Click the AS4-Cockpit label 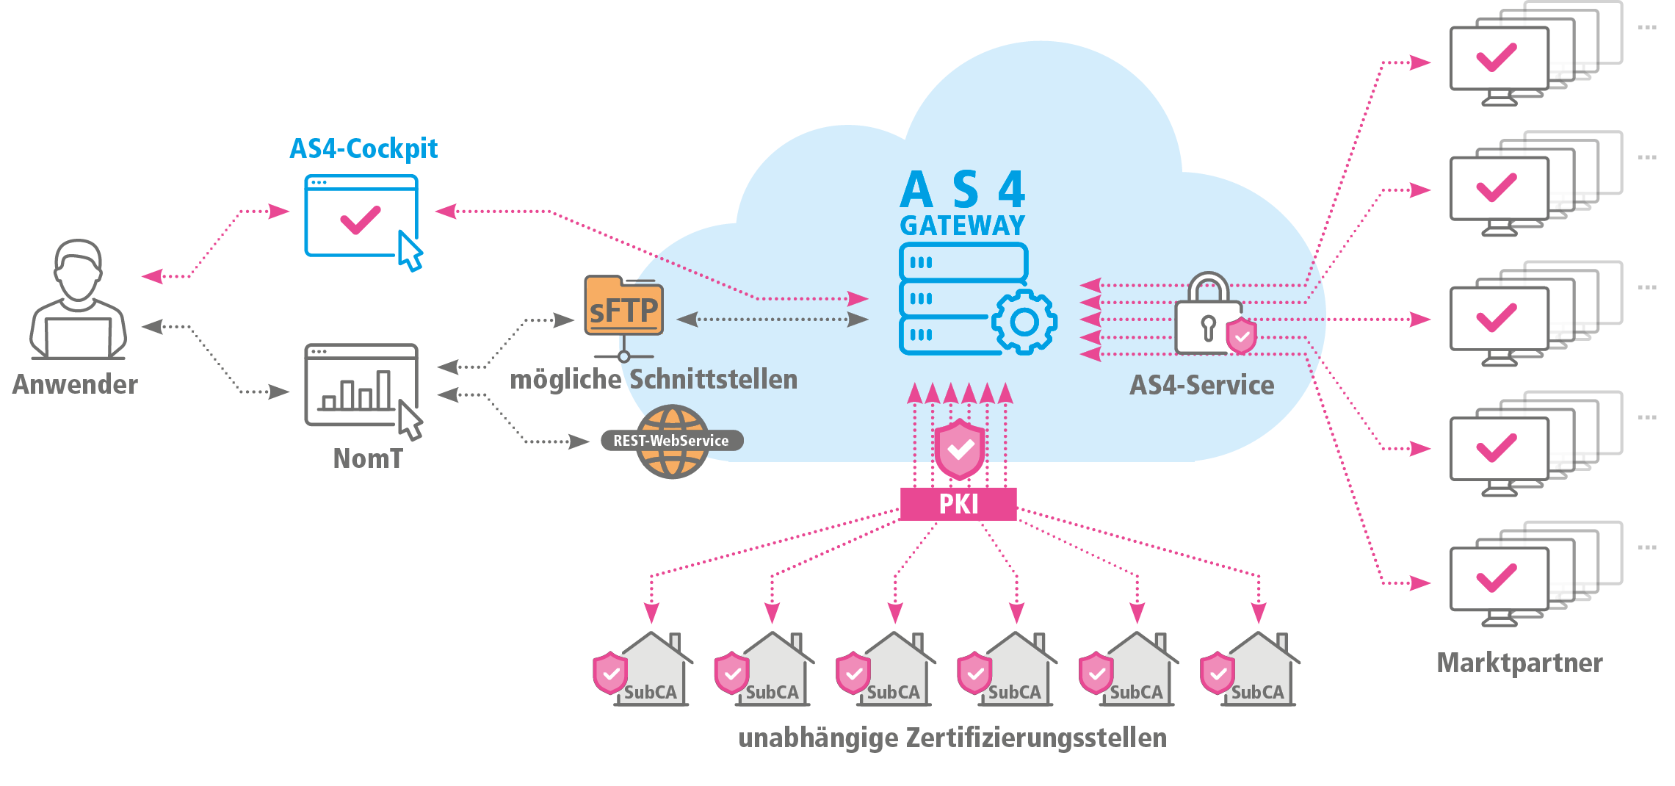363,149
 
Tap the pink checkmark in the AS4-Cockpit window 360,220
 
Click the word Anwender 75,385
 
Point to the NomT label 368,459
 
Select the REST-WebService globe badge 672,441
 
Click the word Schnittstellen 713,380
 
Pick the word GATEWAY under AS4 962,226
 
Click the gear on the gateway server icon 1024,322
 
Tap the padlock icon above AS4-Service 1209,314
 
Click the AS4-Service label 1201,386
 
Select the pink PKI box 958,505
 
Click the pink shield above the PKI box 959,450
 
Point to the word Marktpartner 1519,663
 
